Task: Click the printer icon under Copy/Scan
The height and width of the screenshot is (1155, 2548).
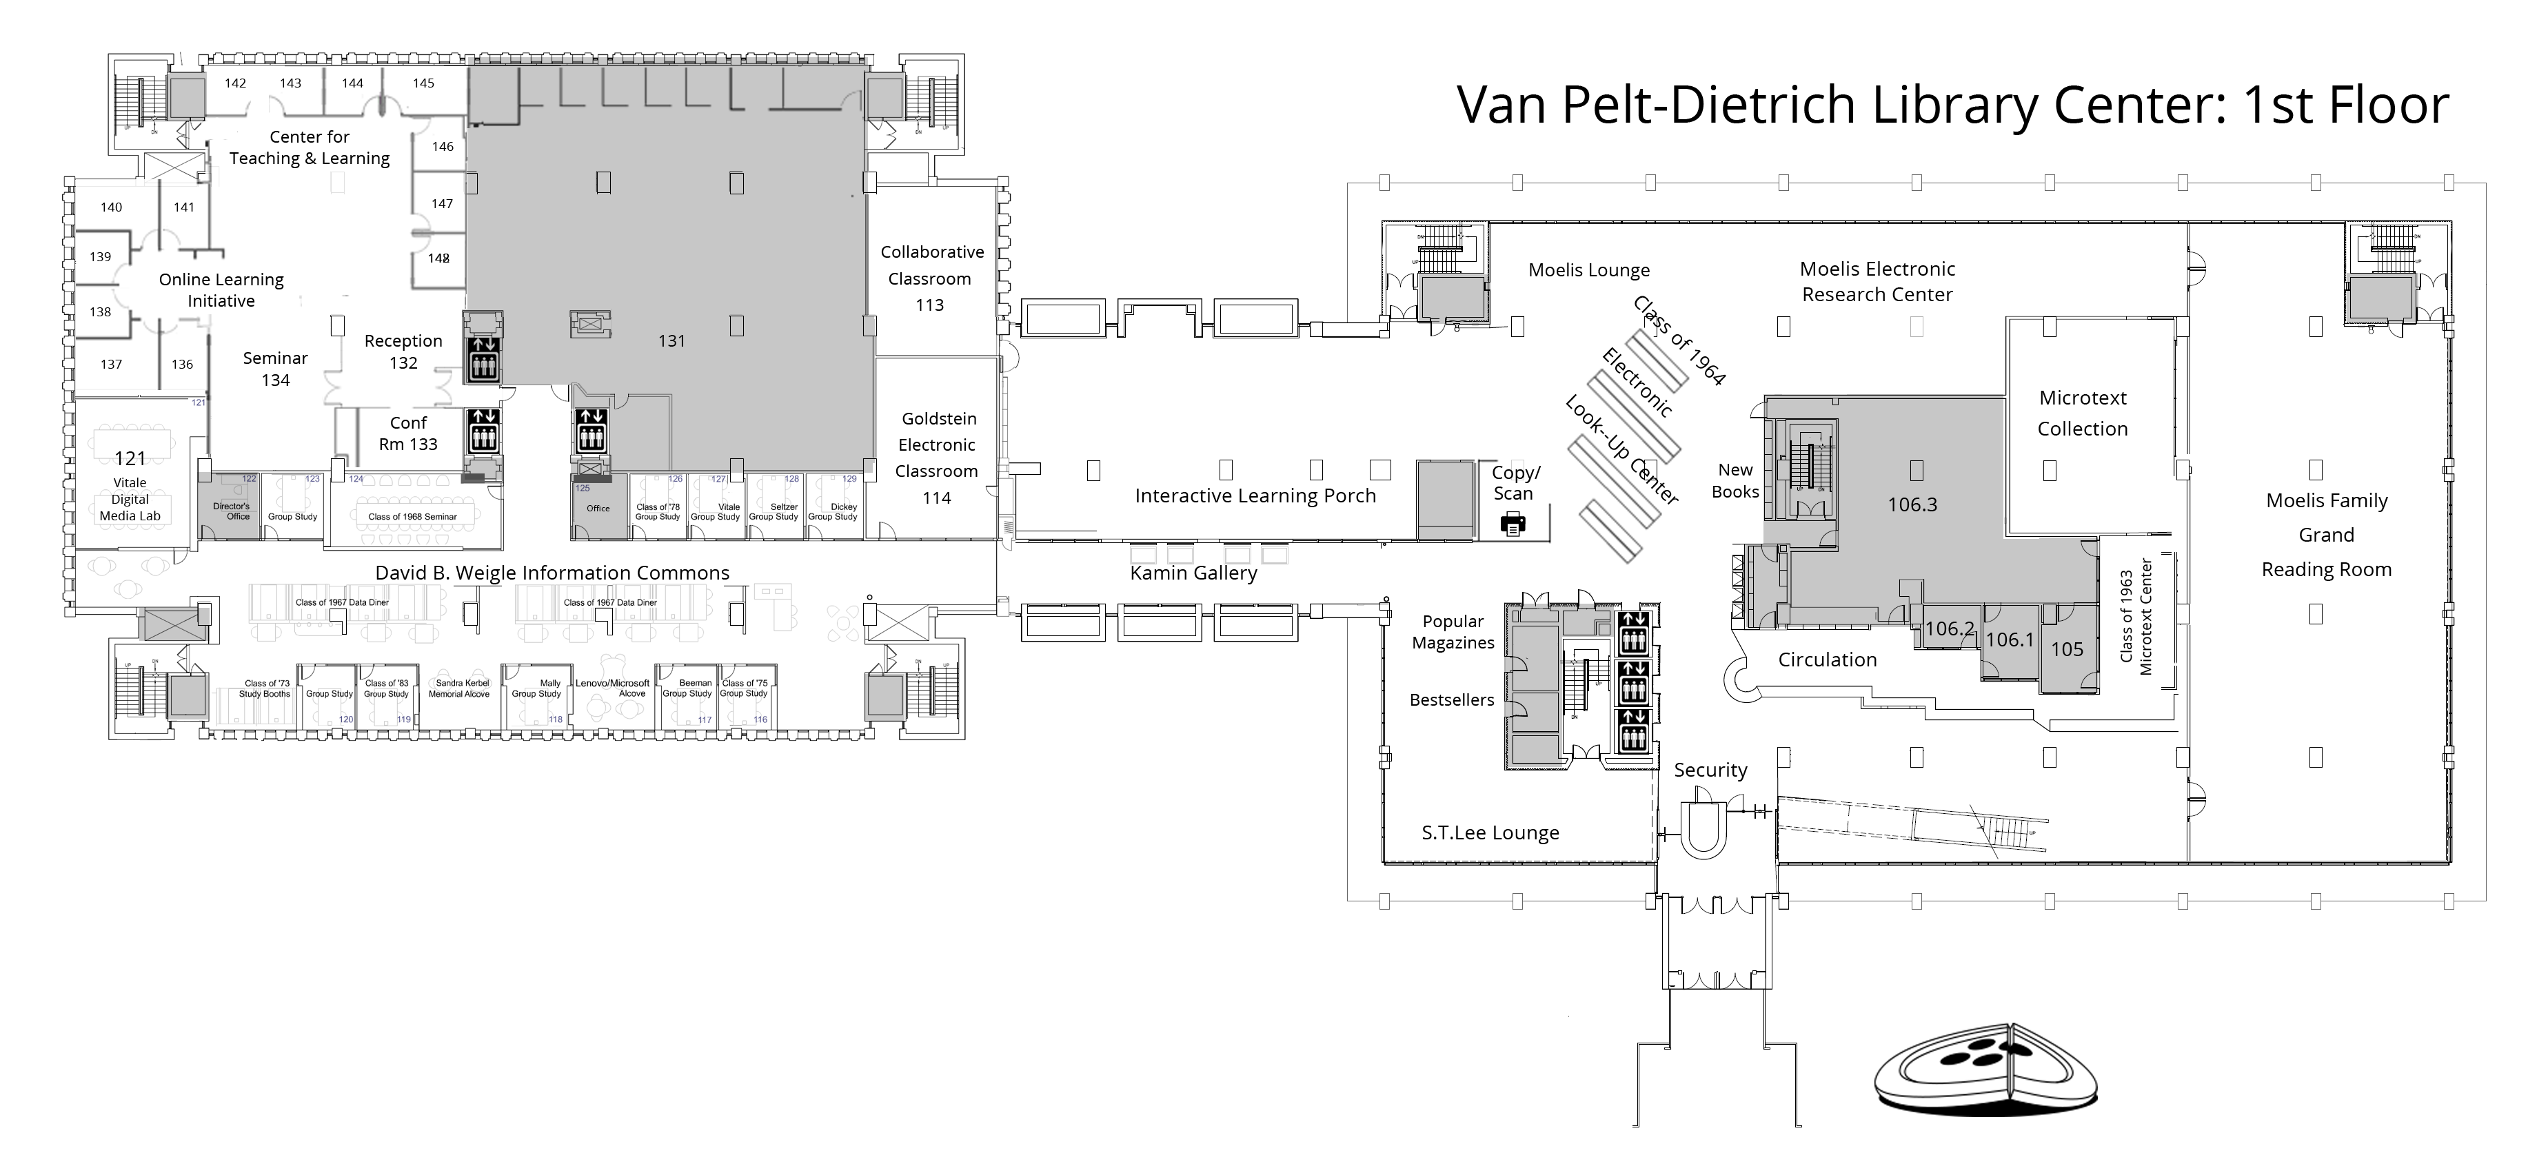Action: pos(1513,524)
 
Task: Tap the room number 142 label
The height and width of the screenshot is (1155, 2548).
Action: pos(234,83)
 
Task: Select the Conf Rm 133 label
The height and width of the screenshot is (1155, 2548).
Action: pos(407,433)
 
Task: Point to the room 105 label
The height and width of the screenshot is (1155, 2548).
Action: pos(2066,650)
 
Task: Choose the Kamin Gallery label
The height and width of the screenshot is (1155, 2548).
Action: pos(1193,573)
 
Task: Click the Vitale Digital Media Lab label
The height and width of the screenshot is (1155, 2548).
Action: pos(130,498)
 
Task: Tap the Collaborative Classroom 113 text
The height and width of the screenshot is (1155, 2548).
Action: pos(931,278)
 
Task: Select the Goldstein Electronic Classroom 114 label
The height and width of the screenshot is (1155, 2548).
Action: pos(937,458)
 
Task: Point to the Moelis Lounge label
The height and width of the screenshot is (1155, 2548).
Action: pos(1588,270)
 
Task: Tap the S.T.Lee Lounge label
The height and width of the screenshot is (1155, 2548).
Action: pos(1490,832)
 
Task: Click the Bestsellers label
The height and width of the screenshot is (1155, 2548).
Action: pos(1451,700)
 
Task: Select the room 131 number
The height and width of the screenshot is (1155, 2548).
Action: pos(671,341)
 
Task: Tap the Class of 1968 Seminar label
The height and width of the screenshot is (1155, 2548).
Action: pos(412,516)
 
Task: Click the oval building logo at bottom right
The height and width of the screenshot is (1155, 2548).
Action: pos(1985,1075)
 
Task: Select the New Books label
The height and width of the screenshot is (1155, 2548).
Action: pos(1735,480)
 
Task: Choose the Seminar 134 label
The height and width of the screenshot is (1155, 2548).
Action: pos(275,369)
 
